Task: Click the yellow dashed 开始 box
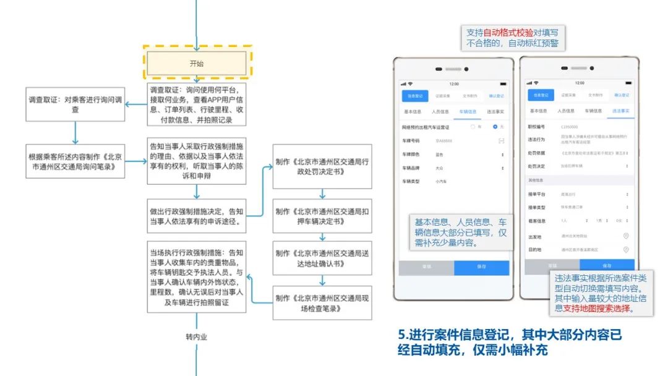coord(196,63)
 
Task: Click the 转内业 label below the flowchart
coord(196,338)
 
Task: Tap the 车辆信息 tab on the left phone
coord(468,112)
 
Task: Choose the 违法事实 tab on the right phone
coord(620,111)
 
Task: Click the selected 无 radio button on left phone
coord(495,127)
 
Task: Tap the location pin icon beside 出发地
coord(626,236)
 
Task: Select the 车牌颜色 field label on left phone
coord(413,154)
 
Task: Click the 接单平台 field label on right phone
coord(536,194)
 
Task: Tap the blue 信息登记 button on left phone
coord(415,96)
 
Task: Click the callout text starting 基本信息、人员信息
coord(460,233)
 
